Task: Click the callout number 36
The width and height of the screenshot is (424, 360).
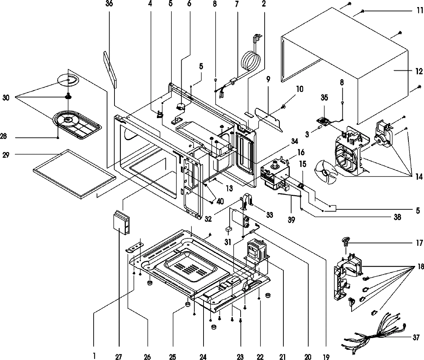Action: coord(109,4)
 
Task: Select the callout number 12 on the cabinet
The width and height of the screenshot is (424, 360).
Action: coord(419,72)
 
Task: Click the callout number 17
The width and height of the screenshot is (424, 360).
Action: coord(419,243)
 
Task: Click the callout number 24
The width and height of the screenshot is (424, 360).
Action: coord(203,356)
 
